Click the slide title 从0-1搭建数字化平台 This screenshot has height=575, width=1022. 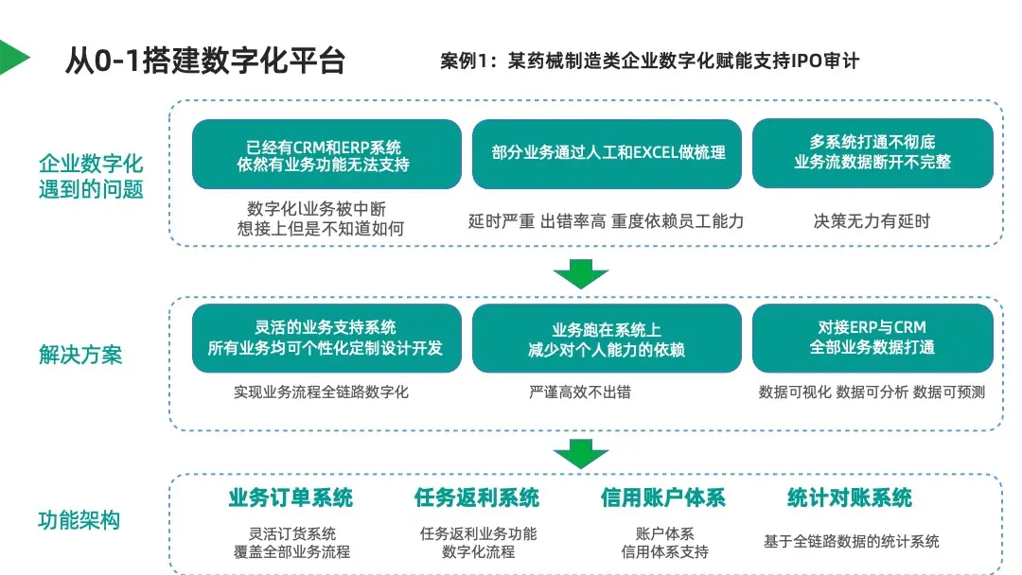[204, 61]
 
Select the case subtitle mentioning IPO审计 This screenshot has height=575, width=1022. [650, 61]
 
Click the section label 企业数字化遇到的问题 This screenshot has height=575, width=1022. [91, 176]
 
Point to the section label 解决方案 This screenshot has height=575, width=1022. [80, 356]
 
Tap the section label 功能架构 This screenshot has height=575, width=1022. [79, 520]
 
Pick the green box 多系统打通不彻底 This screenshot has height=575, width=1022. [872, 153]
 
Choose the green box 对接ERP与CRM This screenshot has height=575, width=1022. [872, 338]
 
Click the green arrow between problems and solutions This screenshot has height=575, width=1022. [580, 273]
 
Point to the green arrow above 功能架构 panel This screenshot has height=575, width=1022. [580, 453]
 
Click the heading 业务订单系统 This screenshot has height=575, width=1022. [291, 497]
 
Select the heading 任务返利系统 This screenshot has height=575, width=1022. [477, 497]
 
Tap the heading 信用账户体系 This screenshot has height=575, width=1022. [663, 497]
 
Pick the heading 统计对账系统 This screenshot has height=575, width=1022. [850, 497]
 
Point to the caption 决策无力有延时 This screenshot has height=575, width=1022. [872, 221]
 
